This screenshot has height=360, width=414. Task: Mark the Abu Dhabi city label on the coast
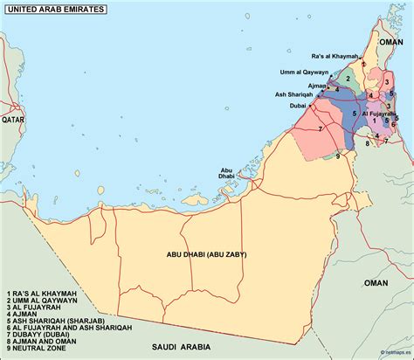[227, 173]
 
